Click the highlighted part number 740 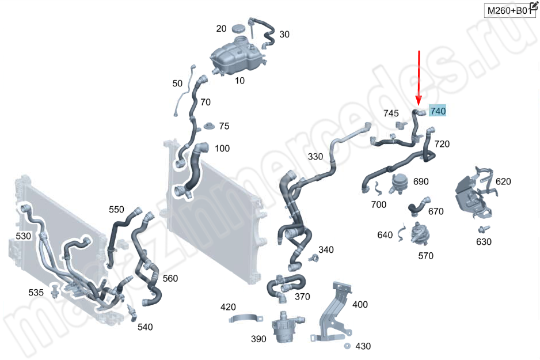pos(438,111)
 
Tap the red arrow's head pos(419,101)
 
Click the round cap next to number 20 pos(238,29)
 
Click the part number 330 pos(315,157)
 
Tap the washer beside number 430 pos(347,346)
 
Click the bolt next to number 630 pos(484,229)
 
